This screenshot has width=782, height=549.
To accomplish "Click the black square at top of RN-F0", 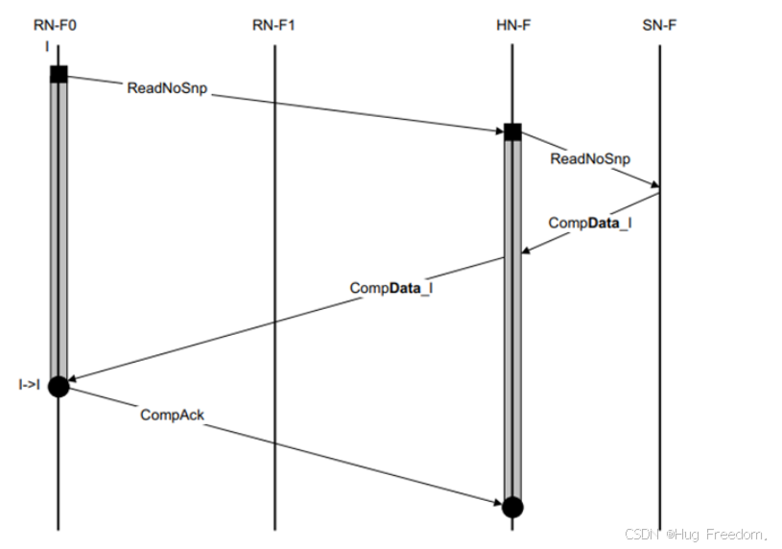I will pyautogui.click(x=59, y=74).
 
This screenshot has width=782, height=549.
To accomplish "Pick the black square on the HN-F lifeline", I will pyautogui.click(x=512, y=131).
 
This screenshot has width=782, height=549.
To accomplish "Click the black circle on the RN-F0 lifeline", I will pyautogui.click(x=59, y=386).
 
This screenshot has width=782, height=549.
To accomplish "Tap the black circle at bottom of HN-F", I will pyautogui.click(x=512, y=507).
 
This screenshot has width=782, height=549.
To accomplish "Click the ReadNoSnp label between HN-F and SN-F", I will pyautogui.click(x=590, y=158).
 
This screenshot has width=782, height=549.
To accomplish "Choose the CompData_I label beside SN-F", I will pyautogui.click(x=590, y=223).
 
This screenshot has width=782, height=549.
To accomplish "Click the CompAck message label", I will pyautogui.click(x=173, y=415).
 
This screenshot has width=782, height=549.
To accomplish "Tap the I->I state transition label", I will pyautogui.click(x=29, y=386).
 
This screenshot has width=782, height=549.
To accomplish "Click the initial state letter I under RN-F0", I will pyautogui.click(x=45, y=44).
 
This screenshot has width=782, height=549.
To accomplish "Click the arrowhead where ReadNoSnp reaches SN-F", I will pyautogui.click(x=654, y=185).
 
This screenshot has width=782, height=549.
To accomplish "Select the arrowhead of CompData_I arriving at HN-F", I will pyautogui.click(x=526, y=251).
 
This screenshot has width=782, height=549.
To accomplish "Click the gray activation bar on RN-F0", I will pyautogui.click(x=59, y=230).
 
